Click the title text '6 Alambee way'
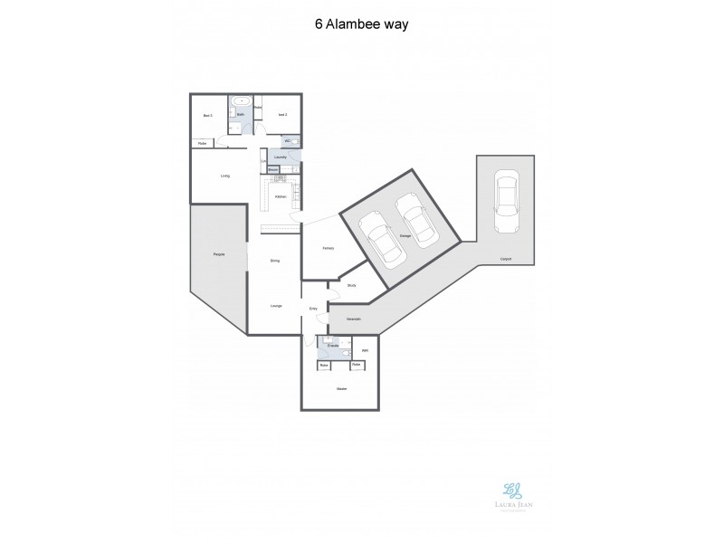tap(362, 24)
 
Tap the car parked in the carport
tap(505, 194)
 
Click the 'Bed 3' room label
tap(207, 115)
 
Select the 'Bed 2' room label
tap(282, 115)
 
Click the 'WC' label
tap(287, 141)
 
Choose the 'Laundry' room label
tap(281, 157)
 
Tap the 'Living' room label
tap(224, 176)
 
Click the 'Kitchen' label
tap(281, 196)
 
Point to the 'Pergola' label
tap(219, 254)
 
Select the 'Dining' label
tap(274, 261)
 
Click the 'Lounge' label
tap(276, 306)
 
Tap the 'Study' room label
tap(351, 285)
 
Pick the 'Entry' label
tap(313, 310)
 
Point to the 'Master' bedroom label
tap(341, 389)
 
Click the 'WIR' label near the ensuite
tap(365, 350)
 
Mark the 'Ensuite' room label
tap(333, 346)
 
